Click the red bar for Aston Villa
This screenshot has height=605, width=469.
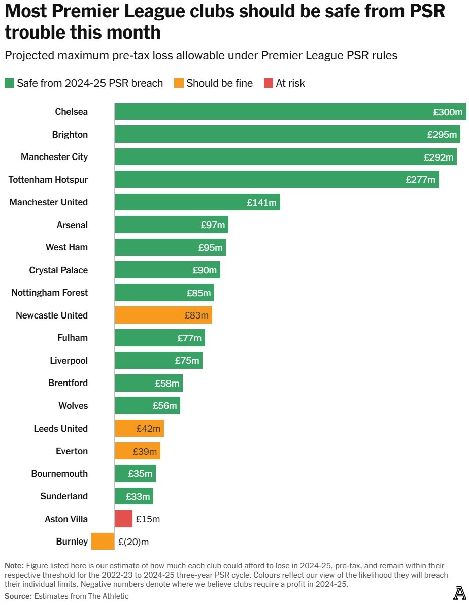point(123,519)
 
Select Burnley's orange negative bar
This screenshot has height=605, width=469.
point(103,542)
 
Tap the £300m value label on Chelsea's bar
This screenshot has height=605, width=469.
point(448,112)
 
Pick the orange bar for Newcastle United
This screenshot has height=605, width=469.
point(163,315)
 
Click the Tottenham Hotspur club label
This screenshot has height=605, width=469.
point(48,179)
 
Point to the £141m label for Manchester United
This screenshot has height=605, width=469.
point(261,202)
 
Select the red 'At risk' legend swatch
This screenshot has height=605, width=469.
point(269,83)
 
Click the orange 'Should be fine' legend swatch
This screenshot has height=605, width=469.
point(179,83)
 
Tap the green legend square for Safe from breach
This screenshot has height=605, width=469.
point(9,83)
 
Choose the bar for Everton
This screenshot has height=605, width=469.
point(137,451)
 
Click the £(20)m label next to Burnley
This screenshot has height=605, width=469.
point(133,542)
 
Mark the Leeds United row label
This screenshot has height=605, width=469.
point(60,428)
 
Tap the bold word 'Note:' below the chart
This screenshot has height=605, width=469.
point(14,565)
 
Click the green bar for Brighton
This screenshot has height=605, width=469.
point(287,135)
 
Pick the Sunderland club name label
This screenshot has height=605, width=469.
point(64,496)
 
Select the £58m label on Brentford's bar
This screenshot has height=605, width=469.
point(167,384)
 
